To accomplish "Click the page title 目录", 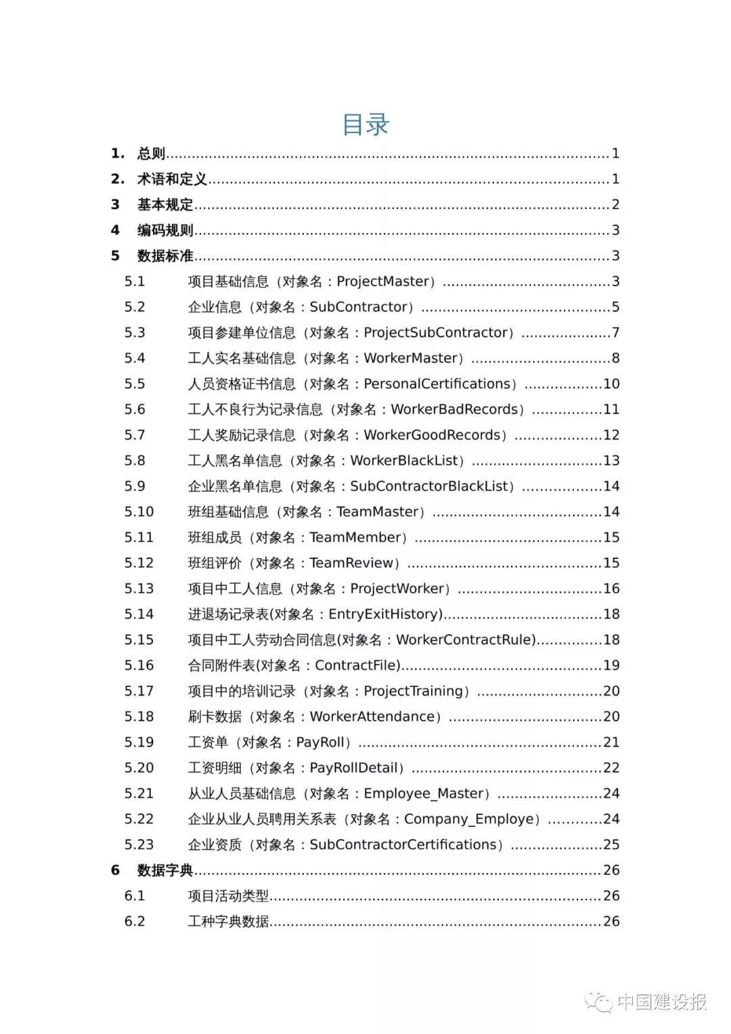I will (365, 125).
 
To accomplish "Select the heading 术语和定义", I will (172, 179).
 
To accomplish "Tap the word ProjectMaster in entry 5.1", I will (383, 282).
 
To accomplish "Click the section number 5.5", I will (135, 384).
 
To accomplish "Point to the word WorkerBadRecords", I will (454, 409).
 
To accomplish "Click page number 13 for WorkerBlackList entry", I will (611, 461).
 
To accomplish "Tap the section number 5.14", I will (139, 614).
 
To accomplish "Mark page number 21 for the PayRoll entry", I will (611, 742).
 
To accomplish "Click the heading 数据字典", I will (165, 870).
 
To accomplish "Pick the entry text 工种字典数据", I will (228, 922).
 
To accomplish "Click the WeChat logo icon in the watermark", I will (598, 1002).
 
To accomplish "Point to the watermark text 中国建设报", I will (662, 1002).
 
